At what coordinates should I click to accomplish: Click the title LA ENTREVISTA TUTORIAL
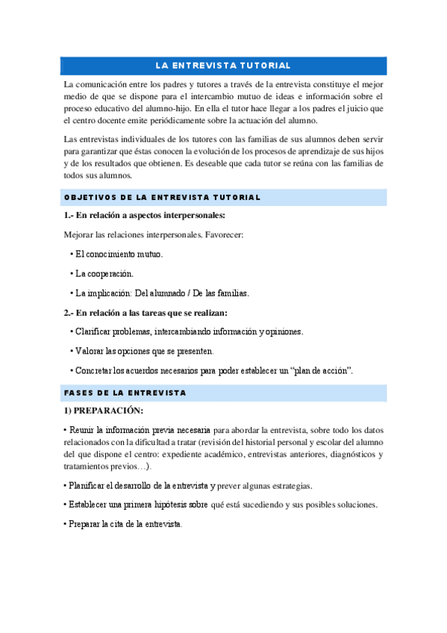[223, 66]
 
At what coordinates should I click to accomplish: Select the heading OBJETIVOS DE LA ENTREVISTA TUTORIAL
[162, 197]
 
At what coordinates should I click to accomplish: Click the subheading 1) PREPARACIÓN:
[104, 411]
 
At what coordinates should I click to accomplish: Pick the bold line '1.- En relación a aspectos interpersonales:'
[145, 216]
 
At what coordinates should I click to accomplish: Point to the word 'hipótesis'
[186, 504]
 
